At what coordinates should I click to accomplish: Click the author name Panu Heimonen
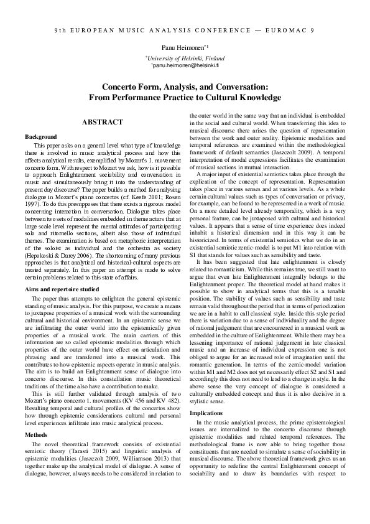coord(183,47)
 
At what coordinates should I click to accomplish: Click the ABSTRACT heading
coord(103,123)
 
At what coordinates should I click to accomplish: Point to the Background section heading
coord(40,136)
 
